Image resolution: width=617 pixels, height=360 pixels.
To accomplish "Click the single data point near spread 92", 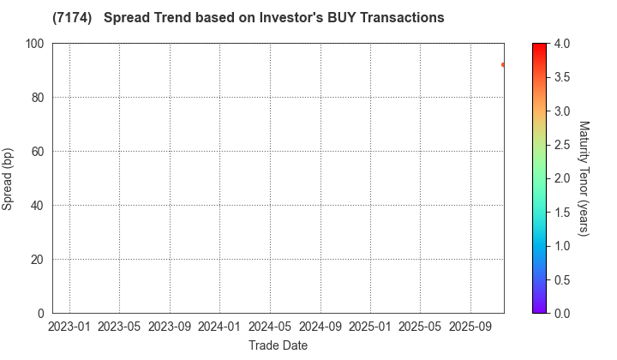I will click(x=503, y=64).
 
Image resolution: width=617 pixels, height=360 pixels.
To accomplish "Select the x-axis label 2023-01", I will click(x=69, y=327).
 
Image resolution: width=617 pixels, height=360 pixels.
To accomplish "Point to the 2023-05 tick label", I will click(x=119, y=327).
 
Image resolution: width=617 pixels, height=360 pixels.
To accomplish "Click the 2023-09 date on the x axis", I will click(x=170, y=327).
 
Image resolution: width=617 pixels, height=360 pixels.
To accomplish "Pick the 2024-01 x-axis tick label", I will click(x=220, y=327).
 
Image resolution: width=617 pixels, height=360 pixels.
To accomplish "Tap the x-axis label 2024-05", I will click(x=270, y=327).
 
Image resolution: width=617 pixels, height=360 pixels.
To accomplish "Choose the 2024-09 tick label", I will click(x=320, y=327).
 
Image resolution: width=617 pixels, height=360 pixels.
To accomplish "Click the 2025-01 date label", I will click(x=371, y=327).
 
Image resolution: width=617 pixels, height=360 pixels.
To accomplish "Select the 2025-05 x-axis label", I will click(x=421, y=327).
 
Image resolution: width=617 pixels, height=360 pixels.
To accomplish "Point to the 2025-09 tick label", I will click(x=470, y=327).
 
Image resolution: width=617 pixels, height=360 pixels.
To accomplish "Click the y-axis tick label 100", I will click(x=34, y=44).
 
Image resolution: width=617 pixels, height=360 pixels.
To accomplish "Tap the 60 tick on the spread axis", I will click(x=38, y=152).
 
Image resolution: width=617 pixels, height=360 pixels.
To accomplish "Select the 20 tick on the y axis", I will click(x=38, y=260).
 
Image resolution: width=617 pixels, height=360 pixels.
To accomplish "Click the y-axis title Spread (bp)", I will click(x=12, y=178).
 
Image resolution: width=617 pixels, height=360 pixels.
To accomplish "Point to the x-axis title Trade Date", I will click(x=278, y=345).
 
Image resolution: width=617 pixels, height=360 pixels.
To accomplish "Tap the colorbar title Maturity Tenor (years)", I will click(x=584, y=178).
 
